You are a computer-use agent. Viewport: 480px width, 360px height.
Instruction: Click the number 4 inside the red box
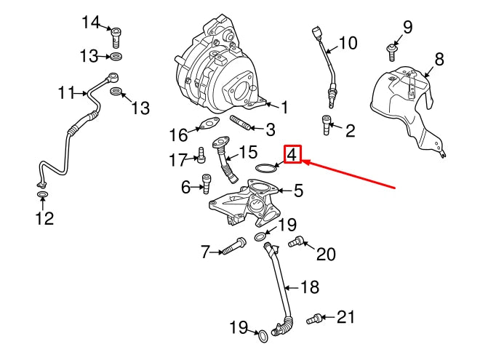pyautogui.click(x=291, y=154)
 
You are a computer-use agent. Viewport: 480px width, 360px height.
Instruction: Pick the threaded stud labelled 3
pyautogui.click(x=242, y=124)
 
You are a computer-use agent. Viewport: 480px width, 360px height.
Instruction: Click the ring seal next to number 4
pyautogui.click(x=266, y=169)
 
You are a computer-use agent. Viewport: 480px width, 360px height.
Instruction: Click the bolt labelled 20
pyautogui.click(x=297, y=243)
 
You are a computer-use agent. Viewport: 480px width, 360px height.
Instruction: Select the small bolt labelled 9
pyautogui.click(x=391, y=51)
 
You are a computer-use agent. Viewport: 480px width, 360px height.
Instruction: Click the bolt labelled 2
pyautogui.click(x=325, y=125)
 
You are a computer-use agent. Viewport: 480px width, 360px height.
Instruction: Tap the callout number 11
pyautogui.click(x=68, y=93)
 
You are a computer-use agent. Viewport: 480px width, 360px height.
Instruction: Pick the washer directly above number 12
pyautogui.click(x=41, y=195)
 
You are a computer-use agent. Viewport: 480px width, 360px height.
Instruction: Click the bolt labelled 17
pyautogui.click(x=201, y=155)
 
